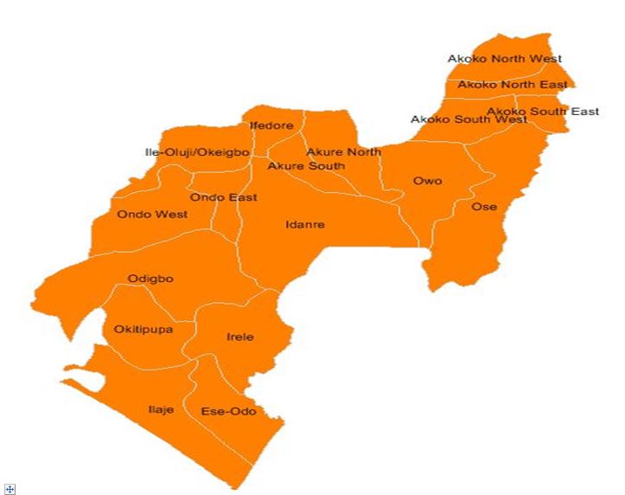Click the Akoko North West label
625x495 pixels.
pos(504,59)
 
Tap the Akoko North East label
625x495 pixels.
pos(513,85)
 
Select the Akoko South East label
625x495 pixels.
pos(543,112)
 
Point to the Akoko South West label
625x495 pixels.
pos(469,119)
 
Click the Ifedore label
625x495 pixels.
pos(271,125)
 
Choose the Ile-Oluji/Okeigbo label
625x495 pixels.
pos(197,152)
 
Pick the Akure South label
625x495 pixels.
pos(306,165)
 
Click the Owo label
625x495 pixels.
pos(427,181)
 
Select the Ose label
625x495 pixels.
pos(483,207)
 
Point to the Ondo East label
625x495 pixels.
pos(223,197)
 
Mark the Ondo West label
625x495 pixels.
pos(152,214)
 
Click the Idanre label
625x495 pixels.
pos(304,225)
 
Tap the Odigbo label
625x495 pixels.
pos(150,279)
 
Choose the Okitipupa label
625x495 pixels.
pos(143,330)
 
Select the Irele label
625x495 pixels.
pos(239,337)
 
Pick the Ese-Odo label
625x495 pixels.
pos(228,411)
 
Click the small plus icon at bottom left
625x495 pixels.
pos(10,489)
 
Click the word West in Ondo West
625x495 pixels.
pos(172,214)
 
